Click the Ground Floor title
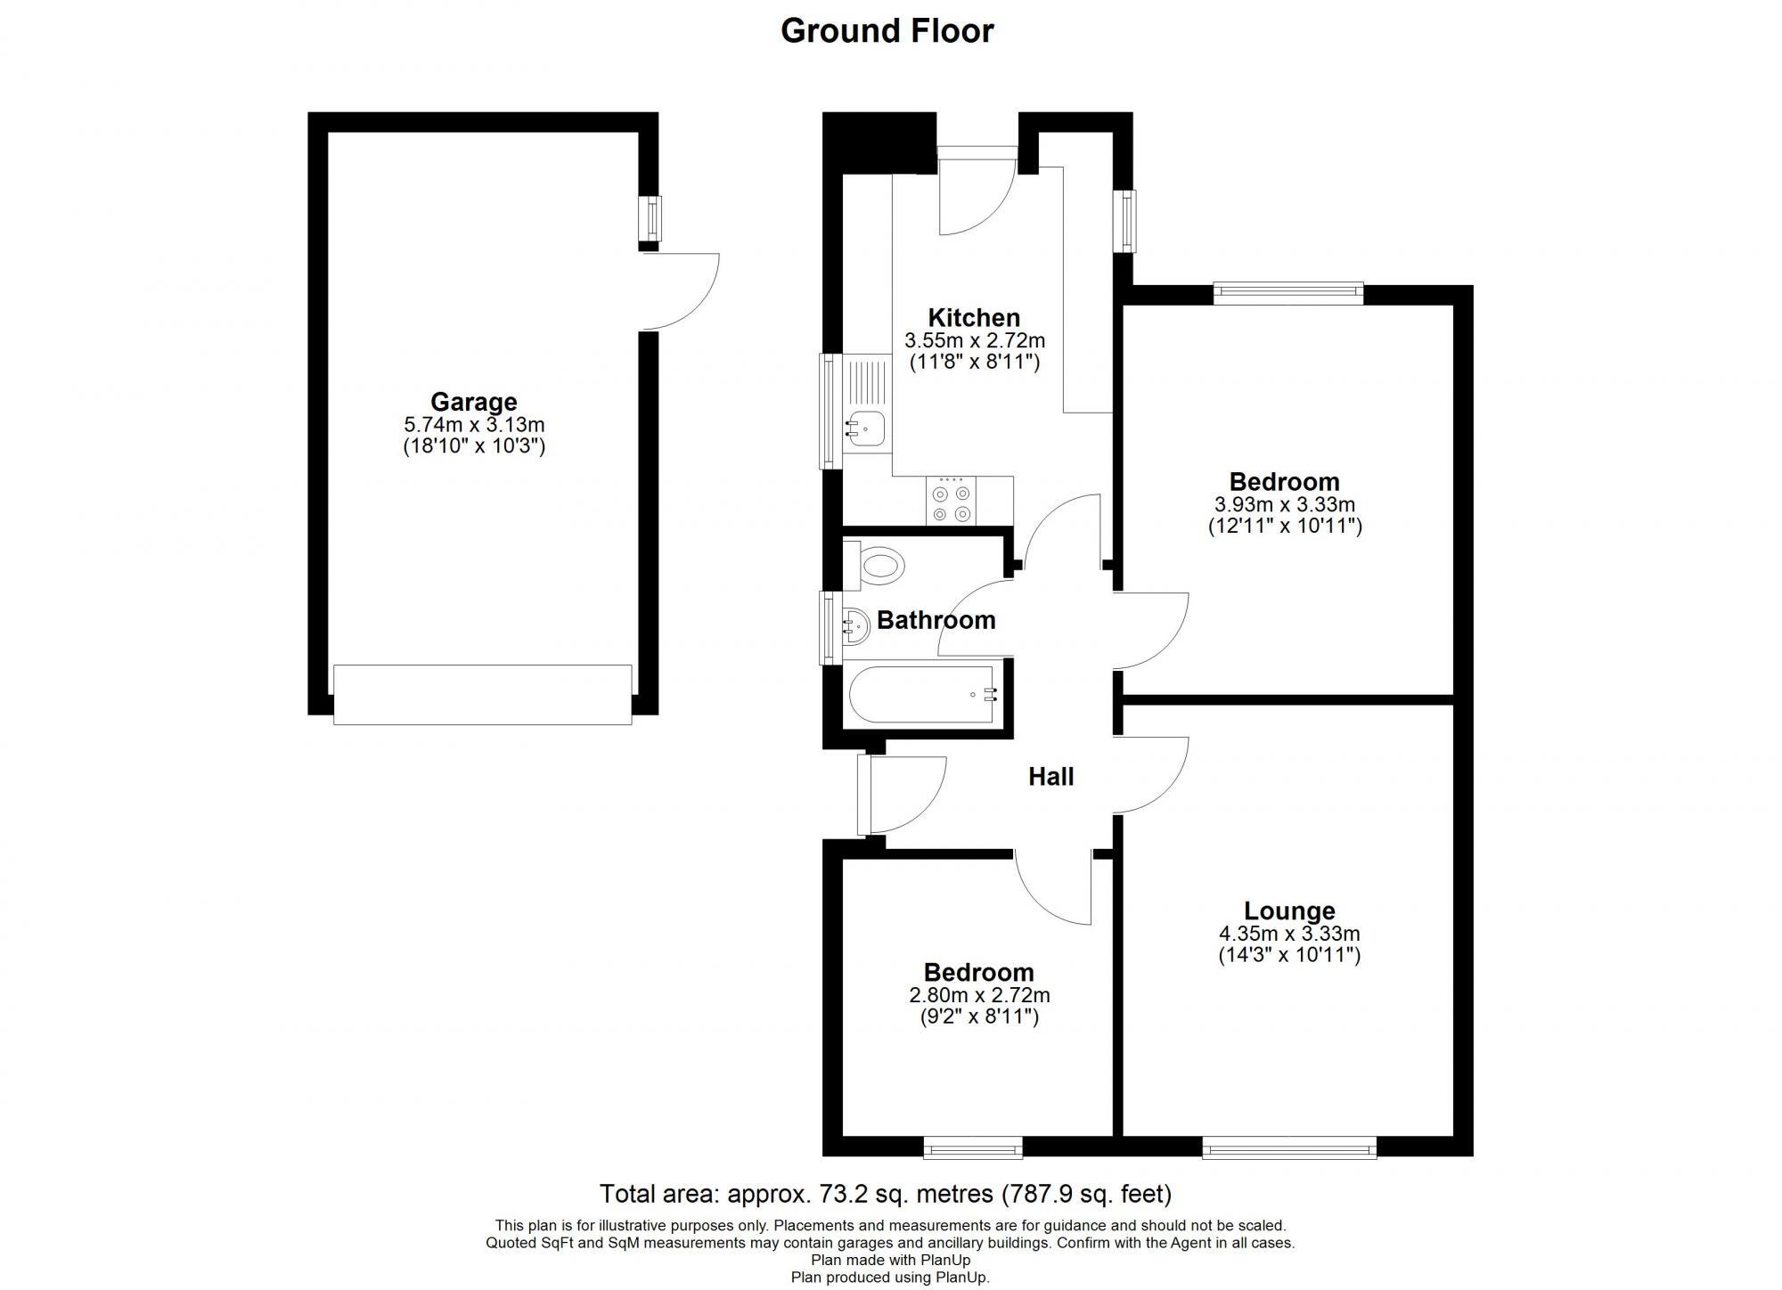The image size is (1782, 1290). tap(887, 31)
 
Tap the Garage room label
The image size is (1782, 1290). tap(473, 402)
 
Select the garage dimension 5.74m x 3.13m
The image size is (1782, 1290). tap(473, 425)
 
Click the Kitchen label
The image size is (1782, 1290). tap(974, 317)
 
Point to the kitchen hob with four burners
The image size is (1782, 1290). tap(951, 502)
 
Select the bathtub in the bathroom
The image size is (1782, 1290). tap(925, 695)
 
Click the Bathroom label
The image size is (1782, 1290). tap(936, 620)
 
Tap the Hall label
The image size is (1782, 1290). tap(1051, 777)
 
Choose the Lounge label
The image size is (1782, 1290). tap(1289, 911)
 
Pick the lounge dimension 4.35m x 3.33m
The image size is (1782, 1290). tap(1289, 935)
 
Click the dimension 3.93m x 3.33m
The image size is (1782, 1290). tap(1285, 505)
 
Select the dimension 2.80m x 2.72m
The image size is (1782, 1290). tap(979, 995)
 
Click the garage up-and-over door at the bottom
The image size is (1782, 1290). tap(482, 694)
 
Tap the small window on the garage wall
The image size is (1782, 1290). tap(653, 218)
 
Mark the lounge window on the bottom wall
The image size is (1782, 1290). tap(1289, 1147)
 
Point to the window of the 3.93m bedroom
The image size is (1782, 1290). tap(1288, 292)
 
